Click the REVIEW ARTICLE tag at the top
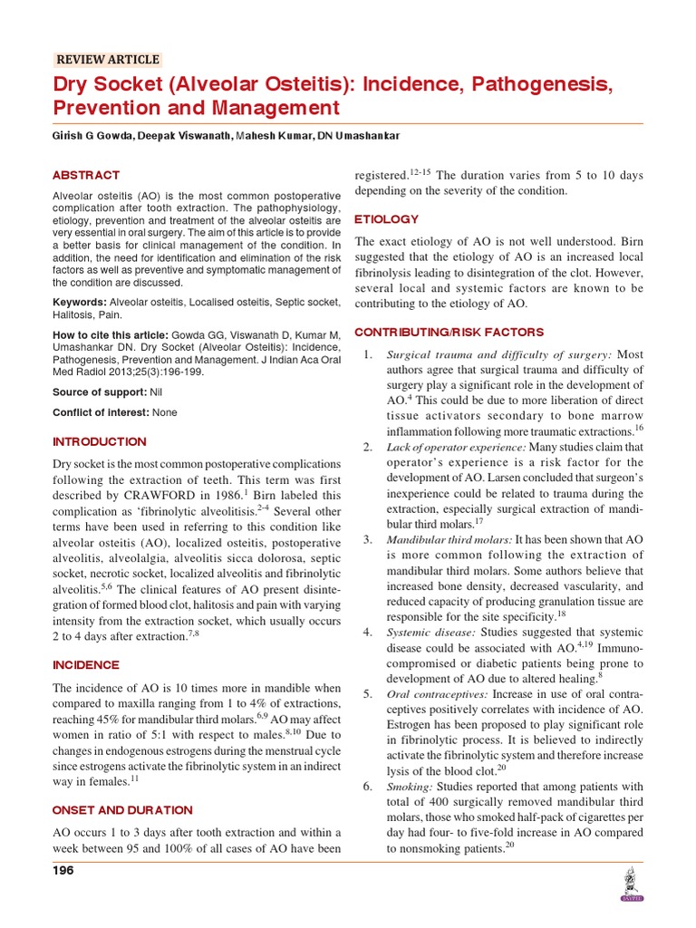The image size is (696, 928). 108,60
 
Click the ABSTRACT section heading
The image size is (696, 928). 86,175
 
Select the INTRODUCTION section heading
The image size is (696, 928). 99,441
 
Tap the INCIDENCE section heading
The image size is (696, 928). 86,664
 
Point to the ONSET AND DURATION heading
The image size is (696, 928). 122,809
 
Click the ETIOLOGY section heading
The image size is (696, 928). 387,219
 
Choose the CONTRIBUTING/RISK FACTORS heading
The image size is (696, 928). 449,332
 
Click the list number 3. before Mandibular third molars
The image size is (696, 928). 368,539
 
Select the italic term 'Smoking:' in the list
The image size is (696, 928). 410,786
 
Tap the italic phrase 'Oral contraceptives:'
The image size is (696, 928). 437,693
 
